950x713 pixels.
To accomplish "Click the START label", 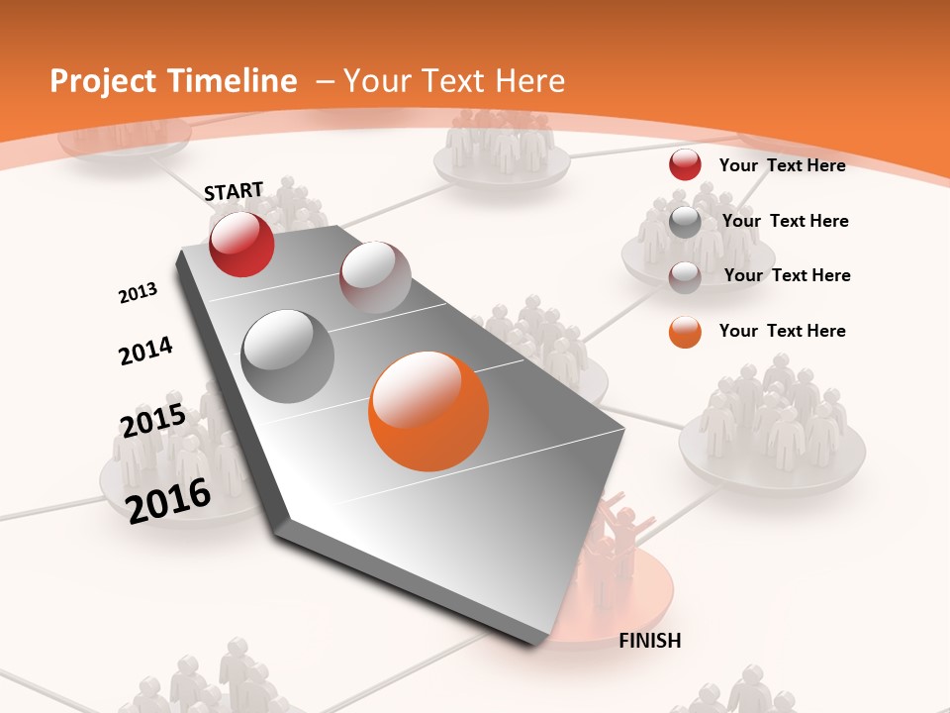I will click(234, 191).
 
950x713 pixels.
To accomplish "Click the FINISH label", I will click(649, 641).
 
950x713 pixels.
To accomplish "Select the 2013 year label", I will click(138, 293).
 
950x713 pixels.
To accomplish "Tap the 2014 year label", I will click(145, 352).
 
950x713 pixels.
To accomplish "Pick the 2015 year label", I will click(152, 421).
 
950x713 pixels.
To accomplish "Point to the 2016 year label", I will click(168, 499).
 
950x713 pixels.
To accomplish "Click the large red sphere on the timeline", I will click(241, 245).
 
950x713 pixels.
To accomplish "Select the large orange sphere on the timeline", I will click(428, 411).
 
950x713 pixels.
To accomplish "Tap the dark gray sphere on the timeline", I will click(288, 356).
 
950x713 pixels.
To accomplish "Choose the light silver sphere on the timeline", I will click(375, 277).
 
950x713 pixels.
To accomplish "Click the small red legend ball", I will click(685, 165).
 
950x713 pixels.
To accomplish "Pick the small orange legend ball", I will click(685, 332).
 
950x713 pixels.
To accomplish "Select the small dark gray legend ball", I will click(685, 222).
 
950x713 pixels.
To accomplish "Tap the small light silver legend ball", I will click(685, 277).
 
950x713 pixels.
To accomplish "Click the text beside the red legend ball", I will click(782, 165).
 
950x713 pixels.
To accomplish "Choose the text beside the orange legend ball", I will click(782, 331).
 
